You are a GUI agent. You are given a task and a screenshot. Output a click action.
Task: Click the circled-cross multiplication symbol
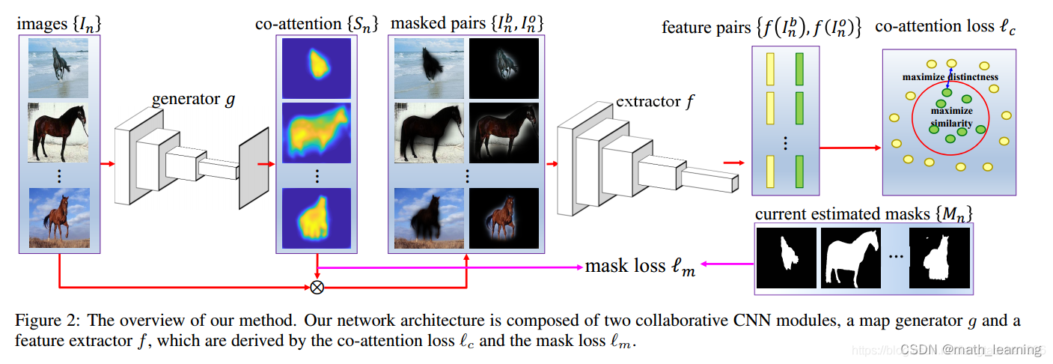pos(317,286)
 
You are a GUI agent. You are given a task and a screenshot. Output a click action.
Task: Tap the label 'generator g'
pos(193,100)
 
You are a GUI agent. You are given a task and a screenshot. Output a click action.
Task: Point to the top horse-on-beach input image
pos(59,69)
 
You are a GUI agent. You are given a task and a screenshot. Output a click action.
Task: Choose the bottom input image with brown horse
pos(59,217)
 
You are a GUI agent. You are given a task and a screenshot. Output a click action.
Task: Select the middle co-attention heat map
pos(316,133)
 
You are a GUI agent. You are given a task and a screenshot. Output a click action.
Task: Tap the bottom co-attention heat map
pos(316,219)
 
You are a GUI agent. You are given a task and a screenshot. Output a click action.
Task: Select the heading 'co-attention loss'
pos(948,28)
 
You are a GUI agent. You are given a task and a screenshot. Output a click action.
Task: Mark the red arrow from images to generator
pos(107,163)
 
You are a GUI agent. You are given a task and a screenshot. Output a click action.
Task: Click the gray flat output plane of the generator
pos(253,169)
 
